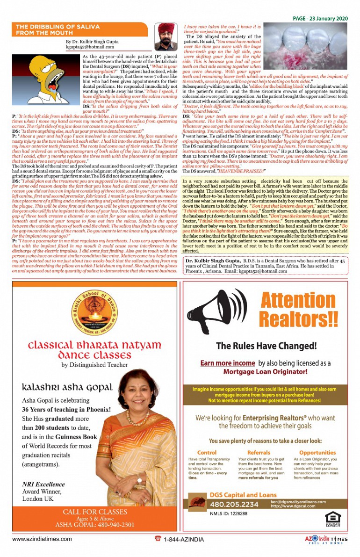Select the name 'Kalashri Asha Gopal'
click(67, 387)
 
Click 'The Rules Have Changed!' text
click(266, 347)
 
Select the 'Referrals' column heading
click(259, 453)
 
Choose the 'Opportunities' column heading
click(317, 453)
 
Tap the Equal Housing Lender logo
click(333, 518)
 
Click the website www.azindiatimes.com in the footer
click(42, 539)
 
